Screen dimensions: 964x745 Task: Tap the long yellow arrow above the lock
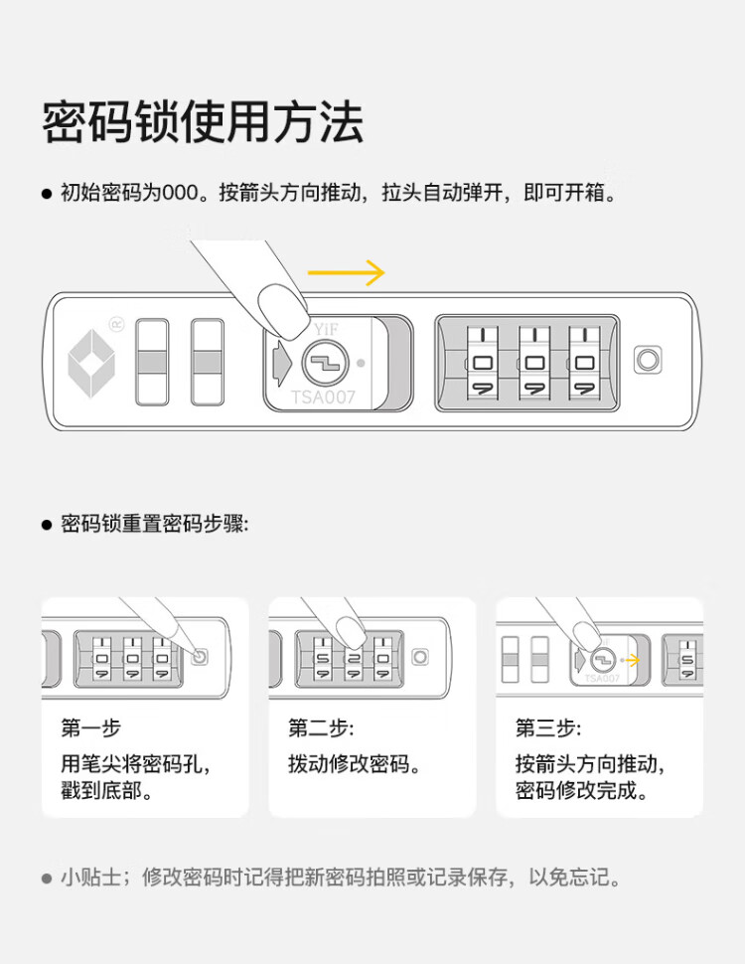(x=345, y=272)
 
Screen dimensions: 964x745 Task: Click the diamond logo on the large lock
(x=91, y=361)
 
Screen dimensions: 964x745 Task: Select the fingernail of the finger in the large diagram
(x=280, y=306)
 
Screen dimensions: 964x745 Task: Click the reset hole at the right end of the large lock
(x=649, y=360)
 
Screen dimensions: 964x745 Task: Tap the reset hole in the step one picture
(x=201, y=657)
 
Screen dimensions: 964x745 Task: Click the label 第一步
(x=90, y=728)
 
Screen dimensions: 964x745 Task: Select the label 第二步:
(x=321, y=728)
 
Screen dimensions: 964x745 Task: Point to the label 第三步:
(x=548, y=728)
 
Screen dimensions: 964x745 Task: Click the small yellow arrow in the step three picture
(x=630, y=658)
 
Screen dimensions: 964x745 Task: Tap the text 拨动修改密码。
(x=355, y=764)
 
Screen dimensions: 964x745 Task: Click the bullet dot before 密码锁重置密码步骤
(x=47, y=525)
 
